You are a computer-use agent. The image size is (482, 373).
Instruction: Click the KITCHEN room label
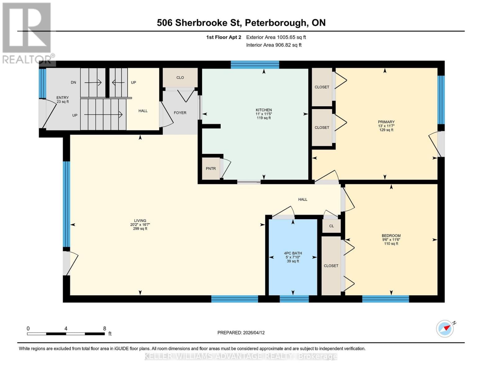pos(264,110)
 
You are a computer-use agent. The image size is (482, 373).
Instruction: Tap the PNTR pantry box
pos(211,168)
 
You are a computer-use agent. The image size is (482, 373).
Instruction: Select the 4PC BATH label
pos(293,253)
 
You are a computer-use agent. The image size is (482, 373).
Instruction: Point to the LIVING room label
pos(140,221)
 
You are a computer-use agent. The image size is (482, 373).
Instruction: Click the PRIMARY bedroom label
pos(386,122)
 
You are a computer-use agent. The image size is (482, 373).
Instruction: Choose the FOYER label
pos(180,113)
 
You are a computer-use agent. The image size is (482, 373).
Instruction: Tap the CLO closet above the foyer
pos(180,77)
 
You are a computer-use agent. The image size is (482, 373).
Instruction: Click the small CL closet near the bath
pos(331,226)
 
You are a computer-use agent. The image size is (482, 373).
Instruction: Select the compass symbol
pos(445,329)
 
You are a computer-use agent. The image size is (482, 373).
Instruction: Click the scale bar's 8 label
pos(105,329)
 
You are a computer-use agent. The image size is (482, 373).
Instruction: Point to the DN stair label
pos(73,82)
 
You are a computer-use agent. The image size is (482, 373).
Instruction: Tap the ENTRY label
pos(62,98)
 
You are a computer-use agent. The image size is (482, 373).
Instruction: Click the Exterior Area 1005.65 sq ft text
pos(276,37)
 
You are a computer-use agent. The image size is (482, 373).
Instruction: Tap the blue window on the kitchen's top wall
pos(255,65)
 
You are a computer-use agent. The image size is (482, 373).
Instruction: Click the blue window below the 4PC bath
pos(294,299)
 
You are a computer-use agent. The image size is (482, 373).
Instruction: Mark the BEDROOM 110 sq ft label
pos(391,240)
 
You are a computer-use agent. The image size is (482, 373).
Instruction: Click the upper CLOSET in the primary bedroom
pos(322,87)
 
